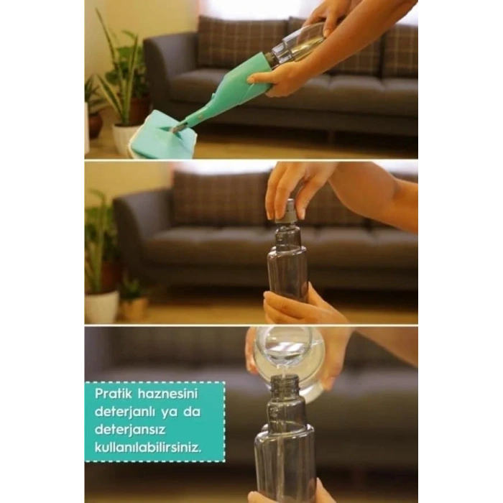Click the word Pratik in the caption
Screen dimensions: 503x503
[x=113, y=394]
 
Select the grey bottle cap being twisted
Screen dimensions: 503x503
[x=289, y=211]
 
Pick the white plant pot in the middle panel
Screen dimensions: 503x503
[x=102, y=305]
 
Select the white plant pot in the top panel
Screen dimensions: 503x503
[x=126, y=137]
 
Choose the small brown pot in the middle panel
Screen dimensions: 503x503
[x=134, y=307]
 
